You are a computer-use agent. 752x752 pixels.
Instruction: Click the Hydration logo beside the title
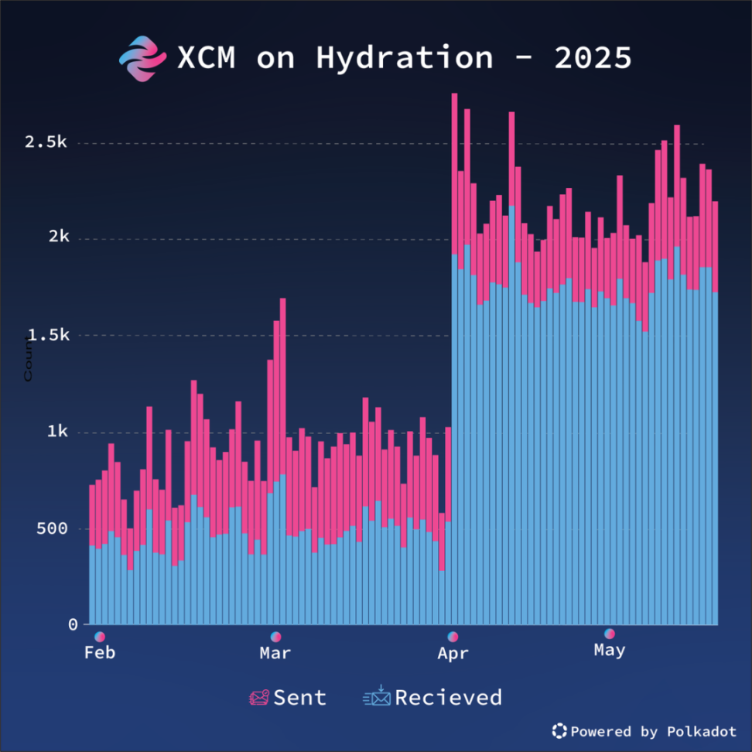142,59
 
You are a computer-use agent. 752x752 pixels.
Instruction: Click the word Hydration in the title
404,58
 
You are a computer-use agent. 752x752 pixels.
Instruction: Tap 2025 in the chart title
593,58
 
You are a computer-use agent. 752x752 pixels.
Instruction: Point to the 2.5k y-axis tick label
47,142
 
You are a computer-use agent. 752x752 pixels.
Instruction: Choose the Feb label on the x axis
100,653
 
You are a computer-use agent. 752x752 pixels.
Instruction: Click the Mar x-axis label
275,653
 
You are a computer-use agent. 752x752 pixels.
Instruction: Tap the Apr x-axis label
453,654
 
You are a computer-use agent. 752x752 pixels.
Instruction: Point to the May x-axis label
610,651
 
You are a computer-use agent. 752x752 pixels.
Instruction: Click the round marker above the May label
610,634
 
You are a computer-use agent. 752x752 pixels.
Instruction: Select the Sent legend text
300,697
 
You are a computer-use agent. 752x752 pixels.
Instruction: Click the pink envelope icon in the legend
258,697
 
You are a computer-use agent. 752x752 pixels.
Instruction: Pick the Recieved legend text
448,697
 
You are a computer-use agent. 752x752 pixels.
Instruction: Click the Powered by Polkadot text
653,731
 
